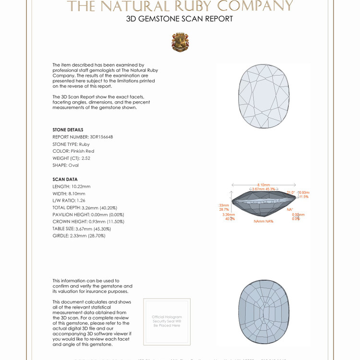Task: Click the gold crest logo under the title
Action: pos(180,43)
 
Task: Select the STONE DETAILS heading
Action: pos(68,130)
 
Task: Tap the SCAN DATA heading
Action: pos(65,179)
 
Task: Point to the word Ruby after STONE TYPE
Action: pos(84,144)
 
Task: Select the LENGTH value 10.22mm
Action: pos(81,186)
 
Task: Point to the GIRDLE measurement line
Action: pos(78,236)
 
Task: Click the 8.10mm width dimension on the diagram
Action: pos(263,185)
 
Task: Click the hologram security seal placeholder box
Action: pos(167,321)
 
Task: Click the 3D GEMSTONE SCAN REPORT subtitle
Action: pos(180,19)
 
